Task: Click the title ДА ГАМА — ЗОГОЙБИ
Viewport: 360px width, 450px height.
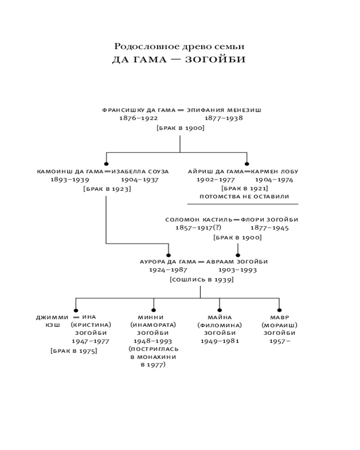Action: click(x=179, y=60)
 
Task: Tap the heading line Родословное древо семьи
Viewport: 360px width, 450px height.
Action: click(x=179, y=46)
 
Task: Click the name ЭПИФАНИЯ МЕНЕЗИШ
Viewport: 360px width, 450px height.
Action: click(x=224, y=109)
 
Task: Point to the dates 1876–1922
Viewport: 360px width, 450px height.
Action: click(x=138, y=118)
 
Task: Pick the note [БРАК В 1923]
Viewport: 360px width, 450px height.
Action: click(x=107, y=189)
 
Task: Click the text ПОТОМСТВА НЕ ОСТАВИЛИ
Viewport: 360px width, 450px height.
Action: click(x=244, y=197)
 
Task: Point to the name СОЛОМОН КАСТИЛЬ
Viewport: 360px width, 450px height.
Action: click(x=198, y=220)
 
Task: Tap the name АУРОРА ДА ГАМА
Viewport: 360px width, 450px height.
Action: click(x=168, y=261)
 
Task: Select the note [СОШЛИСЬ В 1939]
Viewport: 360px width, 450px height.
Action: click(x=201, y=279)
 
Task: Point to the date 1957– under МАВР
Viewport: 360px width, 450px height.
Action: click(x=279, y=341)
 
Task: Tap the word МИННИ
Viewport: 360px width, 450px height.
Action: click(x=153, y=317)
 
